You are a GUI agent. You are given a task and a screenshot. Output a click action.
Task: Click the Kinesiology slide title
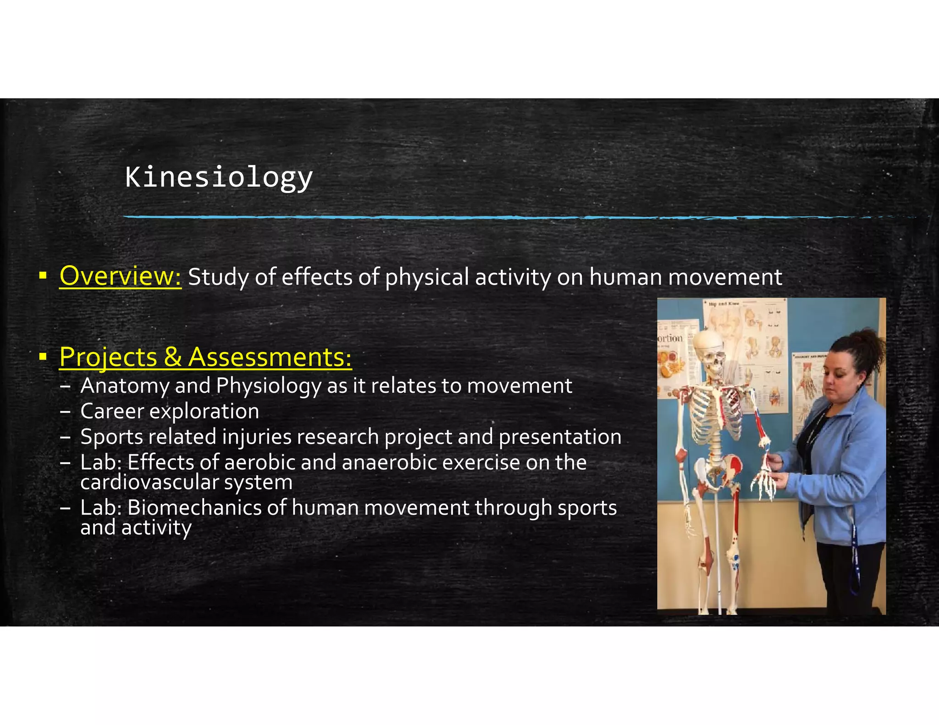pos(219,177)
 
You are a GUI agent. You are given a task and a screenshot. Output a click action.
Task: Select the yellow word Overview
pos(120,276)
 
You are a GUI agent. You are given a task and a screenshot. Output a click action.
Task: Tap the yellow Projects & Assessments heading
pos(205,357)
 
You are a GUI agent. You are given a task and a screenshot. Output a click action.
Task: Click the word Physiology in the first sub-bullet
pos(268,386)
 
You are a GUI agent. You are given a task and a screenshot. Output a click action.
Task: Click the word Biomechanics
pos(206,508)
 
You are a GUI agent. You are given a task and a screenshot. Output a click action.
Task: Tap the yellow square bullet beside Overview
pos(43,276)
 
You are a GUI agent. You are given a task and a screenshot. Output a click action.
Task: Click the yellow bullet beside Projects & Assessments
pos(43,357)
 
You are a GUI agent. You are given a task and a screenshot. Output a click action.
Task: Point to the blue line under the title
pos(458,217)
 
